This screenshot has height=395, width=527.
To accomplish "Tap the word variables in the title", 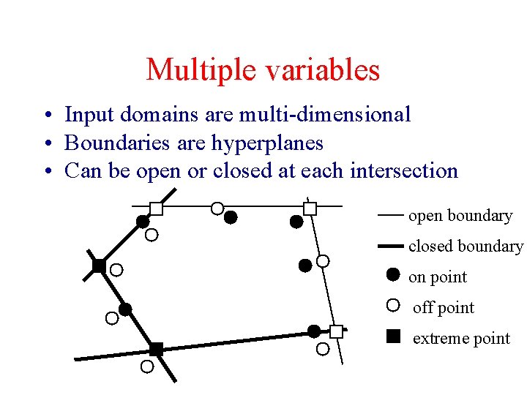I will [x=320, y=70].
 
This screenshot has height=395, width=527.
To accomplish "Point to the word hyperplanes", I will [x=267, y=143].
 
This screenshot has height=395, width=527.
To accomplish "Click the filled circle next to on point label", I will [x=393, y=275].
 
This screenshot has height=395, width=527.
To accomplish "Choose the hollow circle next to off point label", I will [x=393, y=306].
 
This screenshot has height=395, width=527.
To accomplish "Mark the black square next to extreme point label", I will [x=393, y=336].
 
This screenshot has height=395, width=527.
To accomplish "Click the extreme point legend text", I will [x=461, y=339].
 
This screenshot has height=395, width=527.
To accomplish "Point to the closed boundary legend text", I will [x=466, y=247].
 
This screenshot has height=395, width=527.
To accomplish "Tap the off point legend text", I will [x=444, y=308].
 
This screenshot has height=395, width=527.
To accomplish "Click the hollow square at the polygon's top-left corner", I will [x=156, y=208].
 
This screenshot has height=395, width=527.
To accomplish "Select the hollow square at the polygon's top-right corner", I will [x=310, y=208].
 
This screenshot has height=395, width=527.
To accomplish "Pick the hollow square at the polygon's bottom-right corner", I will [x=336, y=331].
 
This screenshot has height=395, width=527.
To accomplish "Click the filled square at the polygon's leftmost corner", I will [x=99, y=266].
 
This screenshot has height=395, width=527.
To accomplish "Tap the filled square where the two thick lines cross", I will [x=156, y=349].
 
